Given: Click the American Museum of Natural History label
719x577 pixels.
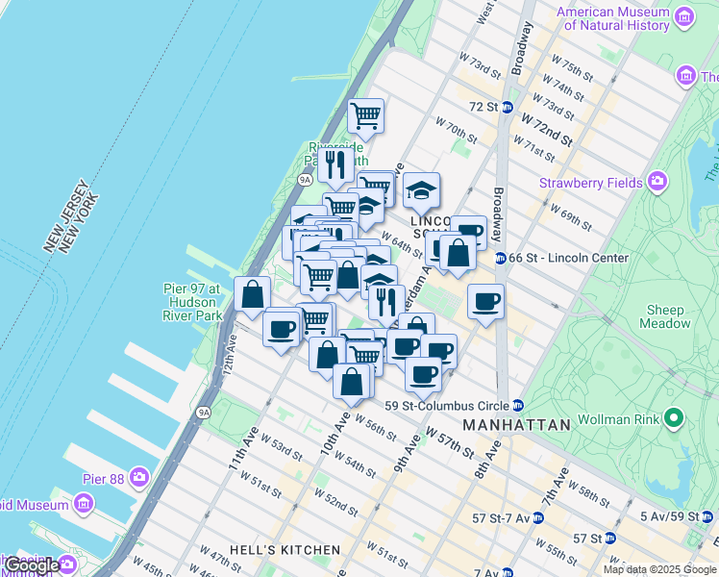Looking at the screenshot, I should (612, 18).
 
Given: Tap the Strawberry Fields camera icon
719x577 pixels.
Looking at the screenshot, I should (657, 181).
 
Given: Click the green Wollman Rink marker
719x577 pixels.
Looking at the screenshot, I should (674, 419).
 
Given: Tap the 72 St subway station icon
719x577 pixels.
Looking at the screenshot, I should (507, 107).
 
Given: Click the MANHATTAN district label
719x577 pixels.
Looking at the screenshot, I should (516, 424).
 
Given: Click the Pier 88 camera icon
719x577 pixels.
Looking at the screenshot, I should (140, 476).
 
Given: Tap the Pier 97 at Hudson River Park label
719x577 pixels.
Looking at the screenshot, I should (191, 301).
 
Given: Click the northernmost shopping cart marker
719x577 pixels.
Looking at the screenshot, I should (365, 117).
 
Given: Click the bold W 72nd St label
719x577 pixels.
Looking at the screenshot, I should (546, 128).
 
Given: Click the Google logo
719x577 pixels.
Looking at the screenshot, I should (31, 564).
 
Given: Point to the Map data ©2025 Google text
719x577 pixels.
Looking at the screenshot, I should (658, 569).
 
